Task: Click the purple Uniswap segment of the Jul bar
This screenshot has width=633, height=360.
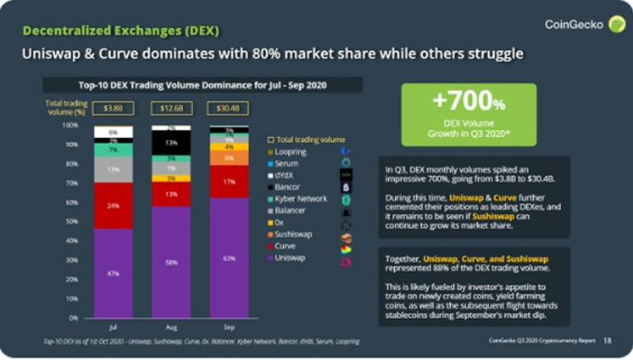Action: (x=112, y=272)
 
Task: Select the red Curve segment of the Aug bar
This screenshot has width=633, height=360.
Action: (x=171, y=194)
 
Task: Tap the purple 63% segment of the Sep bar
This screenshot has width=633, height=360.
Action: (x=229, y=257)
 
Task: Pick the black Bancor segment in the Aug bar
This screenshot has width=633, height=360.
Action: (x=171, y=143)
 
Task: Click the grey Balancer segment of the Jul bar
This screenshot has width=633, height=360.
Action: (x=112, y=169)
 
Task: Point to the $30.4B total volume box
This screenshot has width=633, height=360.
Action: (x=229, y=108)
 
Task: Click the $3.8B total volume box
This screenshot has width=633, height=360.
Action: (x=113, y=108)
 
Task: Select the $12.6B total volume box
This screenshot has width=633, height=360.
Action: (x=171, y=108)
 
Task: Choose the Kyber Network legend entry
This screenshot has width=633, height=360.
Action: (x=301, y=198)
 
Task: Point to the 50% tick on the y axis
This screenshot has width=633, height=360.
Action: (x=74, y=221)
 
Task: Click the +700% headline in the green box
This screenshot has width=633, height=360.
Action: (x=468, y=100)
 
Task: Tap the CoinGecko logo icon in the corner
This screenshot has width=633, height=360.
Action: (x=615, y=24)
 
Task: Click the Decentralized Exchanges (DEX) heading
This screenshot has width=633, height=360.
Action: (x=120, y=31)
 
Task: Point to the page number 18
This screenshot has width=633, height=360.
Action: (x=607, y=340)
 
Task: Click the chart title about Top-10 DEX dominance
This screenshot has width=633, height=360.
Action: (x=202, y=85)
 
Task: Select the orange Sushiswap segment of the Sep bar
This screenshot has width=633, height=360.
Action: (x=229, y=158)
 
